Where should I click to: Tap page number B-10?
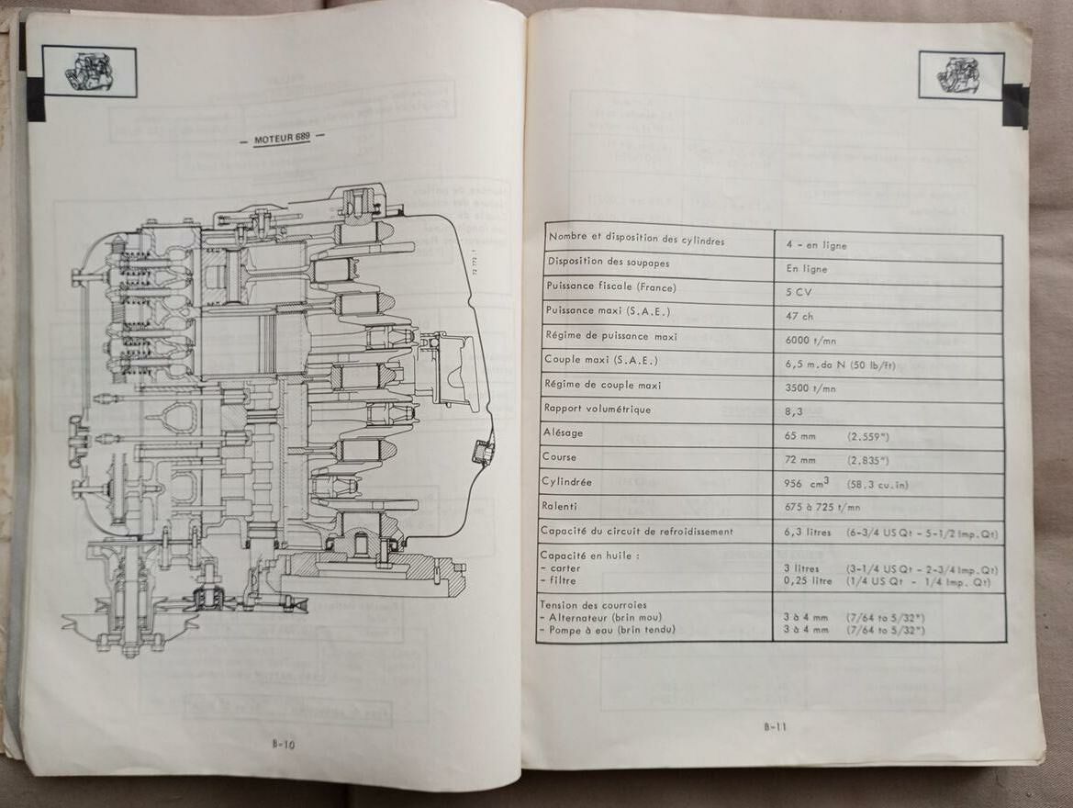[x=283, y=745]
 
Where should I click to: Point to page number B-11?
[x=776, y=727]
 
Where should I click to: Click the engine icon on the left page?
[x=89, y=71]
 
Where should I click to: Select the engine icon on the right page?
[x=961, y=75]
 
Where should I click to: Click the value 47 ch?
[x=800, y=315]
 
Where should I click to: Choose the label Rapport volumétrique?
[x=597, y=409]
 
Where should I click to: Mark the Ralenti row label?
[x=561, y=505]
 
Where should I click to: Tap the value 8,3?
[x=794, y=412]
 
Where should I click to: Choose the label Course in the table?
[x=560, y=456]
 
